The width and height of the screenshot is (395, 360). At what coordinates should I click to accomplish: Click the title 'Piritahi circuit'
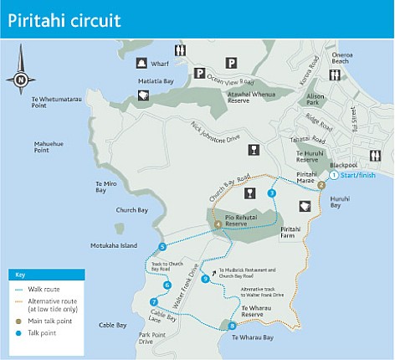tap(64, 18)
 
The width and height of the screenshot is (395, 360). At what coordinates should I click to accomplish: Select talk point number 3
tap(271, 193)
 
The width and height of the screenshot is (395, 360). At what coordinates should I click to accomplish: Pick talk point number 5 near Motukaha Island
tap(162, 247)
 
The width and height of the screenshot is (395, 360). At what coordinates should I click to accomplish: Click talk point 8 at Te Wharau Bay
tap(233, 326)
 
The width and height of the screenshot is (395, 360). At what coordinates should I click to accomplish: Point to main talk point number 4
tap(218, 224)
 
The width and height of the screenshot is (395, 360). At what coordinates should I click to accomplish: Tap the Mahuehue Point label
tap(49, 147)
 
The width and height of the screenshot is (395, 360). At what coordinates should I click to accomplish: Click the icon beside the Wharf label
tap(141, 63)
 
